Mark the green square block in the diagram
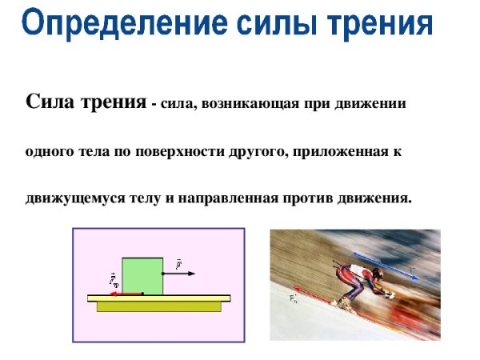pyautogui.click(x=142, y=276)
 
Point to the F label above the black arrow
pyautogui.click(x=178, y=262)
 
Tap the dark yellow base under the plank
pyautogui.click(x=158, y=306)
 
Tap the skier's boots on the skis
pyautogui.click(x=344, y=302)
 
